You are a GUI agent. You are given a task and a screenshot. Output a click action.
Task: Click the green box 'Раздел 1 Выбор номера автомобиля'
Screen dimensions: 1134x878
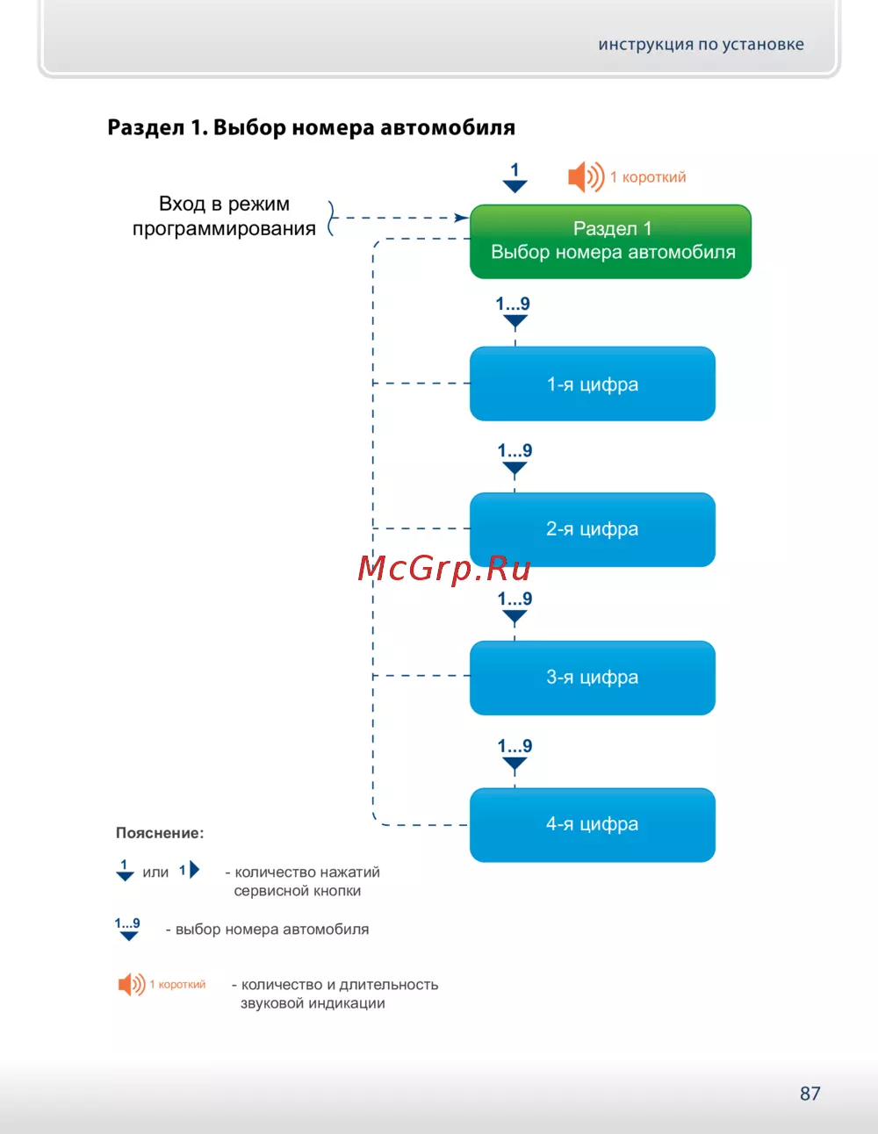tap(610, 241)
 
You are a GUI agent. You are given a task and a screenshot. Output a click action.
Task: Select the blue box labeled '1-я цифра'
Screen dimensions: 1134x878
tap(593, 384)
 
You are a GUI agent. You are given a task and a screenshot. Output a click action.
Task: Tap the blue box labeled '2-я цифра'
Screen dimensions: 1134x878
tap(593, 529)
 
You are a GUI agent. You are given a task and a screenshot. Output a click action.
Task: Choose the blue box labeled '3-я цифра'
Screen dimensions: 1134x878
tap(593, 678)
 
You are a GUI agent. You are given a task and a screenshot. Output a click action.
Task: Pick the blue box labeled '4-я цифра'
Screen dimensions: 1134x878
tap(593, 824)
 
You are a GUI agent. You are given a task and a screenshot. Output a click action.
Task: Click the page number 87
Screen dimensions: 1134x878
tap(810, 1094)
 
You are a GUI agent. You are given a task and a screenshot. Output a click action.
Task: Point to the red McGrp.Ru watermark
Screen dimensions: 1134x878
tap(444, 569)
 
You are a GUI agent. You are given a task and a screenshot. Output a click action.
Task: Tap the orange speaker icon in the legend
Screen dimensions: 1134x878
tap(132, 984)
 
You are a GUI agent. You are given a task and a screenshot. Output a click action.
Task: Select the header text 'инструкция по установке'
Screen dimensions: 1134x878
tap(701, 45)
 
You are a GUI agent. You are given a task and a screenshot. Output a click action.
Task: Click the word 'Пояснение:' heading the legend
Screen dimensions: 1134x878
tap(160, 833)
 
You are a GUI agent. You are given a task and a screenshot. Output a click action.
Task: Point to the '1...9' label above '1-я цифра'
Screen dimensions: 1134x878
tap(513, 305)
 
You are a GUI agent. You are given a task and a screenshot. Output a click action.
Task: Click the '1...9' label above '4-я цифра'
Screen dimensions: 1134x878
tap(515, 746)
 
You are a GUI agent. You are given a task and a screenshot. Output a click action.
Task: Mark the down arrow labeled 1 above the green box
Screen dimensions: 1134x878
tap(515, 178)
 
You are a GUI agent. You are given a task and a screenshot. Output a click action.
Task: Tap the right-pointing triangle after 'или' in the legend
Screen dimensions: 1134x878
tap(194, 870)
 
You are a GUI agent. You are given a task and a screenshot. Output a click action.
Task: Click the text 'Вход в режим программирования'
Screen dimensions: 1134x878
tap(224, 216)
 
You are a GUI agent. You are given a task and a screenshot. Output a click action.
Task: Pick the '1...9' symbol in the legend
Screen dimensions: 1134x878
tap(128, 929)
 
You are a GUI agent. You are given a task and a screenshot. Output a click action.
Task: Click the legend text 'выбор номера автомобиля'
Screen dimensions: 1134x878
tap(272, 929)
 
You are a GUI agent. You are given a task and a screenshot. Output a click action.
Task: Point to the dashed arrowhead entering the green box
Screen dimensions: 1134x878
tap(461, 218)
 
